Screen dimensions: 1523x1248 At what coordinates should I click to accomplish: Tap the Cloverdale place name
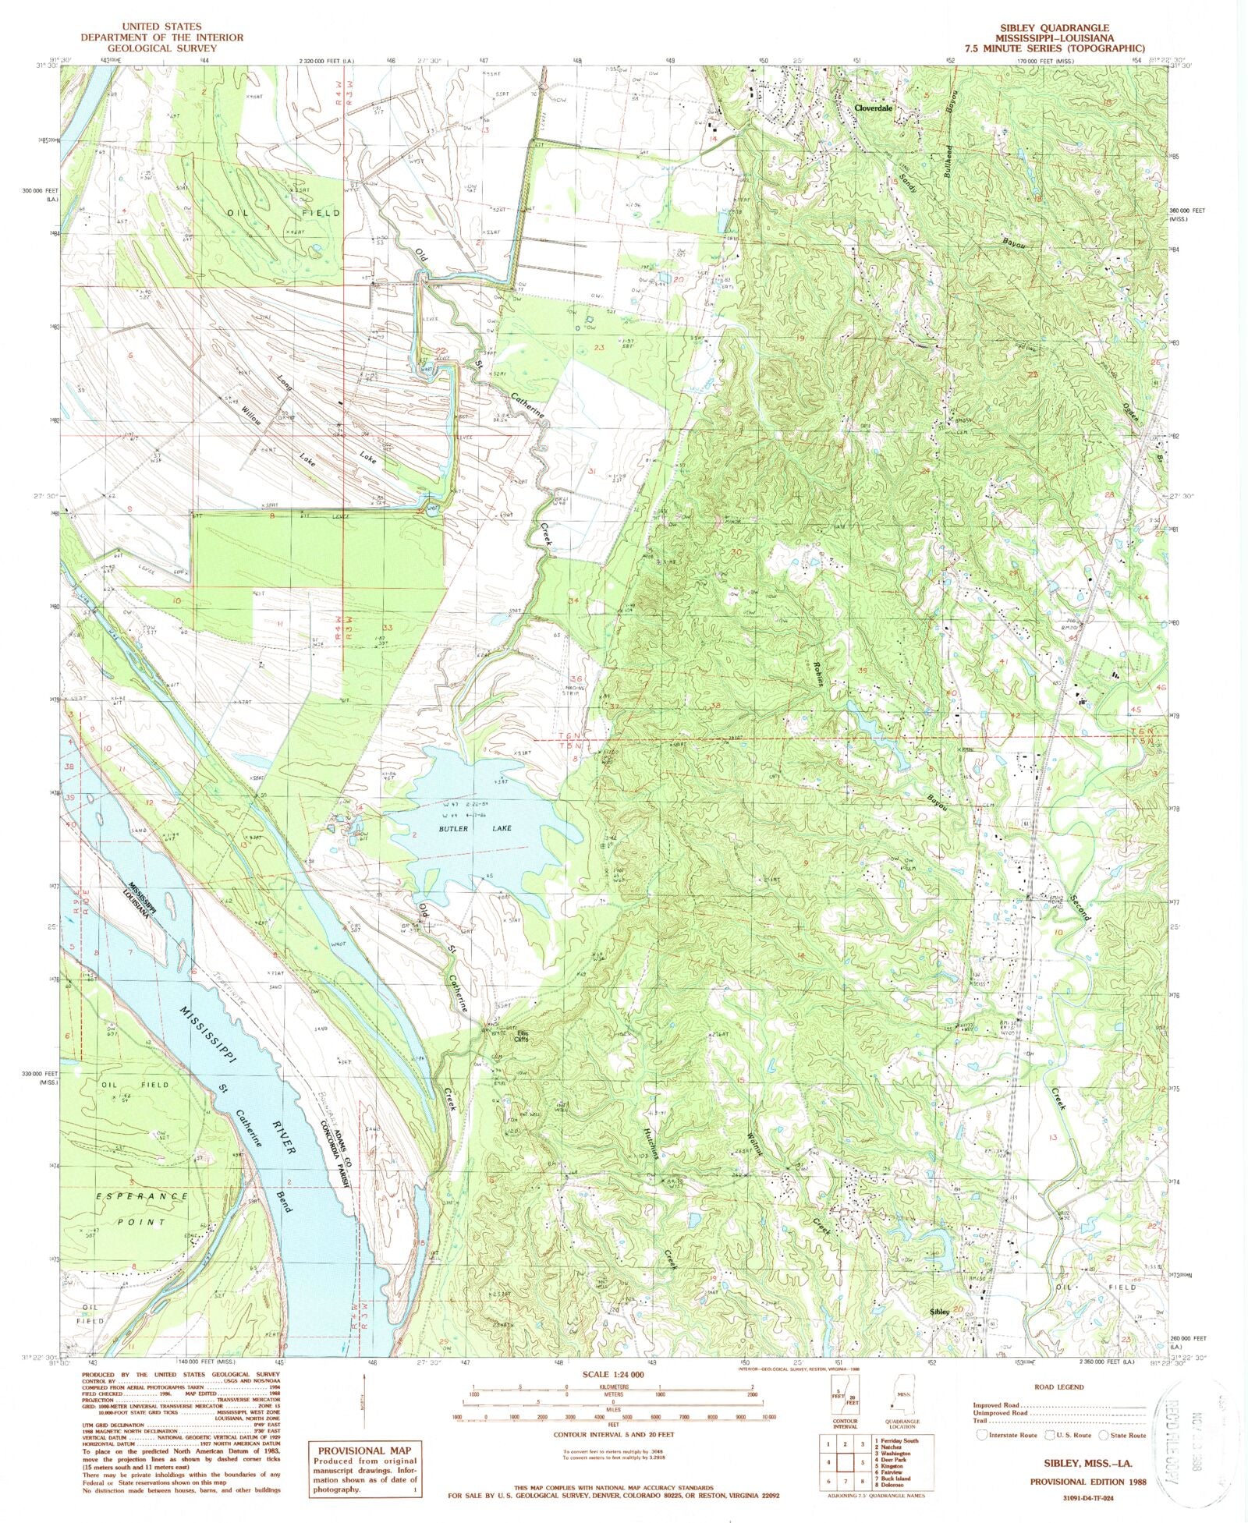[873, 108]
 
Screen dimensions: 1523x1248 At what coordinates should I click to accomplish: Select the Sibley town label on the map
[938, 1312]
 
